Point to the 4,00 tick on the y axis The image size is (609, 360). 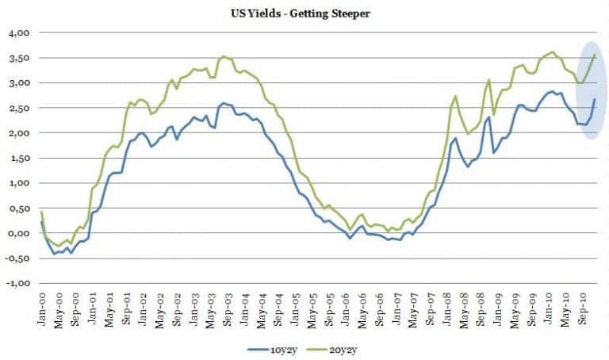click(18, 33)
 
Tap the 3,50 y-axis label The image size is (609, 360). click(18, 58)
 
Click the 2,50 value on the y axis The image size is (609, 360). click(18, 108)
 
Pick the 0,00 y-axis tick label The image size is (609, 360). click(18, 233)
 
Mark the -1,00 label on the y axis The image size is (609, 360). click(17, 283)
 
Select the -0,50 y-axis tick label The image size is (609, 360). click(17, 259)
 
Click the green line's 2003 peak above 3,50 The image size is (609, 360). click(225, 56)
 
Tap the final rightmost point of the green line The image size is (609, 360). click(595, 54)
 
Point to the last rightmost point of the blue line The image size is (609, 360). click(595, 99)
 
